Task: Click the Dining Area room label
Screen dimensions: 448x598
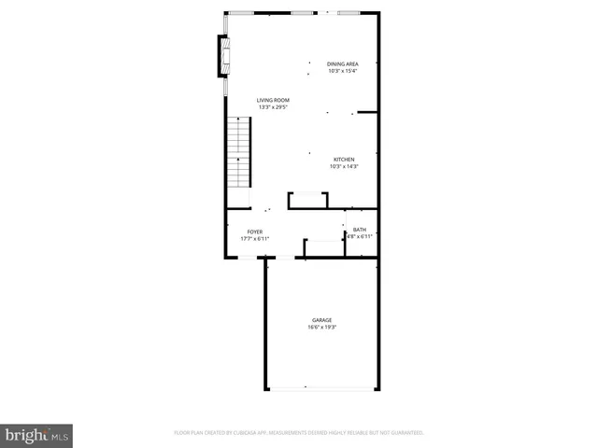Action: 343,63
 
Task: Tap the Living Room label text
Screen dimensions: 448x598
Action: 274,100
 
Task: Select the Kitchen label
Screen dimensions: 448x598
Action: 344,160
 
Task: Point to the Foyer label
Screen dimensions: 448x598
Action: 254,231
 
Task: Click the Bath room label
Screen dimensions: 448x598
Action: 360,230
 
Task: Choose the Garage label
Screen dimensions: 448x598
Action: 321,320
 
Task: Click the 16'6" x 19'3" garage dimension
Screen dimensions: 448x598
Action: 321,328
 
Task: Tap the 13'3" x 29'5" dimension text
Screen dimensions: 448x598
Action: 274,107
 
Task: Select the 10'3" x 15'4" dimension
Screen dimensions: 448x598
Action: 343,71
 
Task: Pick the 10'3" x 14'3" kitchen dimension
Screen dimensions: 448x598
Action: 345,167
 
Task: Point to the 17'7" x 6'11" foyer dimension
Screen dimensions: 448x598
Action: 254,239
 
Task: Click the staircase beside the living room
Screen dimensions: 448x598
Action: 240,154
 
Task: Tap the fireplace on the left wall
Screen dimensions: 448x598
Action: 223,56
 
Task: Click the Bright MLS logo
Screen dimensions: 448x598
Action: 37,435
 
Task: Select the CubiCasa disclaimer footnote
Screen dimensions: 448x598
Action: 299,433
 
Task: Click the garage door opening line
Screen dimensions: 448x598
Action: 321,388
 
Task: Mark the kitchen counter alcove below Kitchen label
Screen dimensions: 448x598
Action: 307,199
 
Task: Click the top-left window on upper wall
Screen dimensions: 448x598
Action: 241,13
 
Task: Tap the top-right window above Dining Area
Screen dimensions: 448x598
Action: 349,13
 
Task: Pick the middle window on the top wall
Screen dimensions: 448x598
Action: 302,13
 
